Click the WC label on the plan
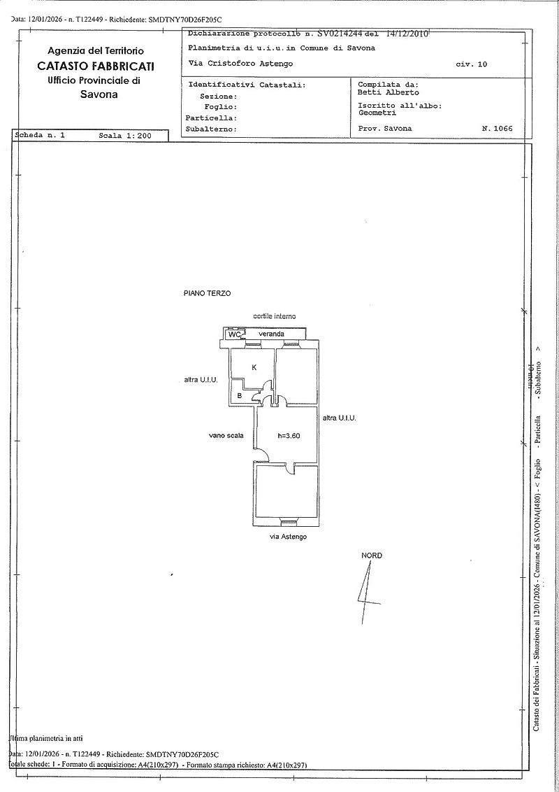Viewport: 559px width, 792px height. (x=235, y=334)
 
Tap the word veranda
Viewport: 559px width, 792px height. (x=271, y=334)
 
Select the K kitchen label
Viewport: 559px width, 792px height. (x=254, y=367)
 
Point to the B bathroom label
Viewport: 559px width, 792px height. (x=240, y=396)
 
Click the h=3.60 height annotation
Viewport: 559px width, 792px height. (x=289, y=436)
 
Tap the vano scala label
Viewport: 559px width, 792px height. (x=226, y=435)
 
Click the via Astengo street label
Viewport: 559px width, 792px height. (x=288, y=537)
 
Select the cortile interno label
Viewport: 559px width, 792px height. (x=275, y=316)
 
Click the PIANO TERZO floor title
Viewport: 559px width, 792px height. (x=207, y=294)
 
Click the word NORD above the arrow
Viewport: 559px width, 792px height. (x=372, y=556)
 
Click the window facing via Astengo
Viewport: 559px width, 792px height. (x=287, y=523)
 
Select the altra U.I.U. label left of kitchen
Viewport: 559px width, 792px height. (x=201, y=380)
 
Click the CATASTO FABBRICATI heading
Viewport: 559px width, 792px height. (x=96, y=66)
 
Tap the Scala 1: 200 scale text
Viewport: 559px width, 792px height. (x=125, y=136)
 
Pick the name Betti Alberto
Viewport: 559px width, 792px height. (x=388, y=92)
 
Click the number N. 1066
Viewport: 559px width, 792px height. (x=497, y=129)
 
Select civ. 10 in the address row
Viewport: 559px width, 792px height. (x=472, y=64)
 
